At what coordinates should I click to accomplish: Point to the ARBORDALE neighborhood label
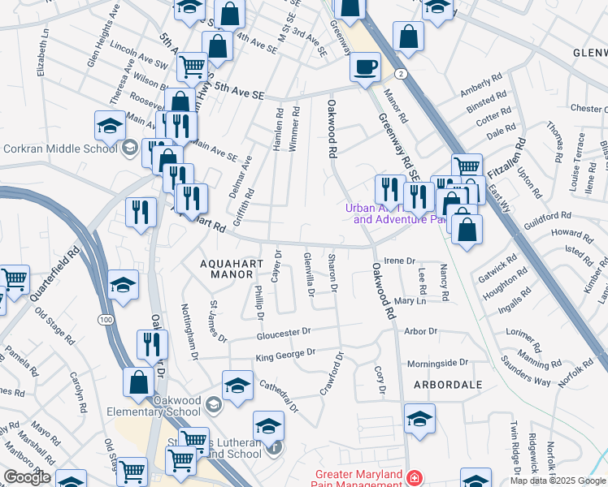[x=447, y=384]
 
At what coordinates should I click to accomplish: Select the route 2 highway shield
[x=402, y=74]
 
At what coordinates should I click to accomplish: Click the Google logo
[x=27, y=477]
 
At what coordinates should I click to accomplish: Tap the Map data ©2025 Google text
[x=557, y=481]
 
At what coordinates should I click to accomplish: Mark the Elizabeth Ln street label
[x=42, y=54]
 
